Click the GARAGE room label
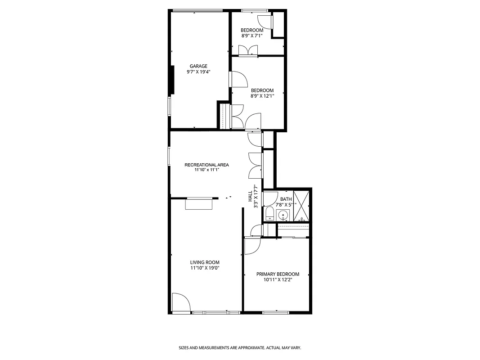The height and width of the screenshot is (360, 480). [x=198, y=66]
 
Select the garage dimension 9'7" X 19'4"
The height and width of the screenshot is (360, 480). [x=198, y=72]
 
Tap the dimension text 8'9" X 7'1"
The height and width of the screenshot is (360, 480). [x=251, y=36]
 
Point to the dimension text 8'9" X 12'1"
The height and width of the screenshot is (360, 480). [x=262, y=95]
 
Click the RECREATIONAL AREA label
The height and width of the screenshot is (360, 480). [x=206, y=165]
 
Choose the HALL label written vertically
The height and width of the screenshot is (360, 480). [x=250, y=196]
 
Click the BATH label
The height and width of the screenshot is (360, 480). [x=286, y=199]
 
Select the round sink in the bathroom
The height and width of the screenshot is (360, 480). [x=283, y=215]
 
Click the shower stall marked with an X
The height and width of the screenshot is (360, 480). [x=301, y=206]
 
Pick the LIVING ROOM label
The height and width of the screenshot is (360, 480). [x=205, y=262]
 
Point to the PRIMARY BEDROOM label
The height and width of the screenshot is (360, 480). [x=278, y=274]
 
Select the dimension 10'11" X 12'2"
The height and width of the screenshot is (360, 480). [x=278, y=279]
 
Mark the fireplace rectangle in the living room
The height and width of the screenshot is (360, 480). [x=199, y=205]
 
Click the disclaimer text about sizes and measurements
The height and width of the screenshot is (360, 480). [x=240, y=348]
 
